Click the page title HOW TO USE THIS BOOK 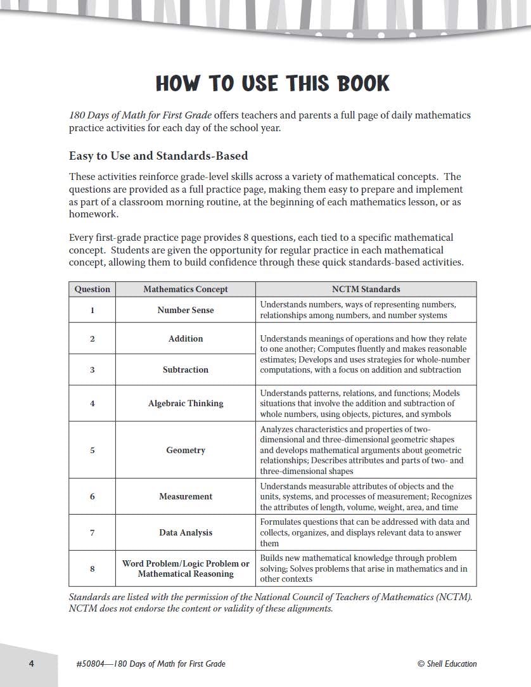pos(272,84)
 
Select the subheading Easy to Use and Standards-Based pos(158,155)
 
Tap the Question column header pos(93,289)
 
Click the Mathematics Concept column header pos(186,289)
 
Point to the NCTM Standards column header pos(366,289)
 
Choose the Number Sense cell pos(186,310)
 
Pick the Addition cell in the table pos(186,338)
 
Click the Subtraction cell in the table pos(186,369)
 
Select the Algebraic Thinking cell pos(186,403)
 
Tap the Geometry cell pos(186,450)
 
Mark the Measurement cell pos(186,496)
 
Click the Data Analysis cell pos(186,532)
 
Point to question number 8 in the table pos(93,568)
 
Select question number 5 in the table pos(93,450)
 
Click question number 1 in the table pos(93,310)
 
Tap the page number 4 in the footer pos(30,664)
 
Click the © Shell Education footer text pos(447,664)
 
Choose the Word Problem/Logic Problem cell pos(186,563)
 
